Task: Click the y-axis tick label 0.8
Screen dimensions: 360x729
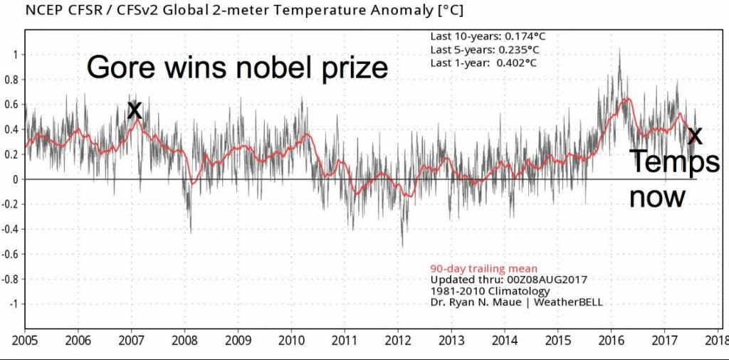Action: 9,80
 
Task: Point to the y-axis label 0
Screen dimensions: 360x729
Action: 14,179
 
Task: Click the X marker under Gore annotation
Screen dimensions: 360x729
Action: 134,110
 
